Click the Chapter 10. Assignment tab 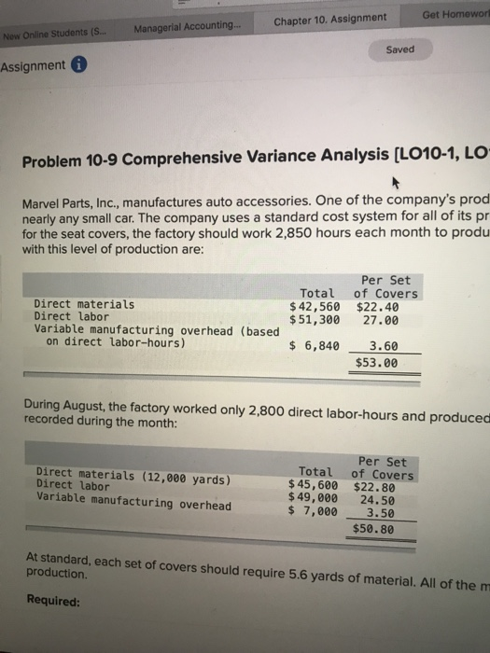(329, 19)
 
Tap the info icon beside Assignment (81, 65)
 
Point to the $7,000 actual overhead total (315, 510)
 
